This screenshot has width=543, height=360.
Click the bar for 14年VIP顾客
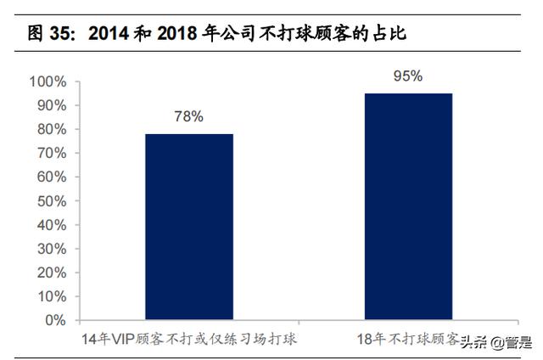[188, 227]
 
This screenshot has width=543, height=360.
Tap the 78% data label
[188, 117]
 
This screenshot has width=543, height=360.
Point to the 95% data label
[407, 76]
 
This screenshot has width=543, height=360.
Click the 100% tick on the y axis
[47, 82]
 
